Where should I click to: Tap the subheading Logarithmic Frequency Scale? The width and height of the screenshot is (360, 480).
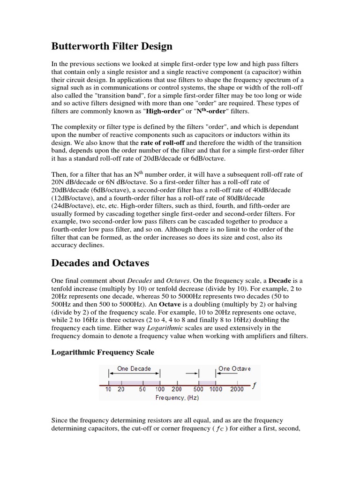point(102,352)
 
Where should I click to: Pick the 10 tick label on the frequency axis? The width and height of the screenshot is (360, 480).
point(108,390)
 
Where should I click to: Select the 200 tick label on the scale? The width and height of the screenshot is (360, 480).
point(176,390)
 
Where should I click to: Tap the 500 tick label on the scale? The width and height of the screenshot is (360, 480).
point(198,390)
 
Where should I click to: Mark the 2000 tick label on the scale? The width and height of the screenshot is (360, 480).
point(237,390)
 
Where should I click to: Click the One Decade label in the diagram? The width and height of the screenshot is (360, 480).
point(134,368)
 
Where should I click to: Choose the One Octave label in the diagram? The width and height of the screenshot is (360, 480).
point(234,368)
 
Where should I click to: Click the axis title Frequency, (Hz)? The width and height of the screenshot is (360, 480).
point(177,397)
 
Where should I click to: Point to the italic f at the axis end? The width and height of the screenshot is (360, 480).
point(254,386)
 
